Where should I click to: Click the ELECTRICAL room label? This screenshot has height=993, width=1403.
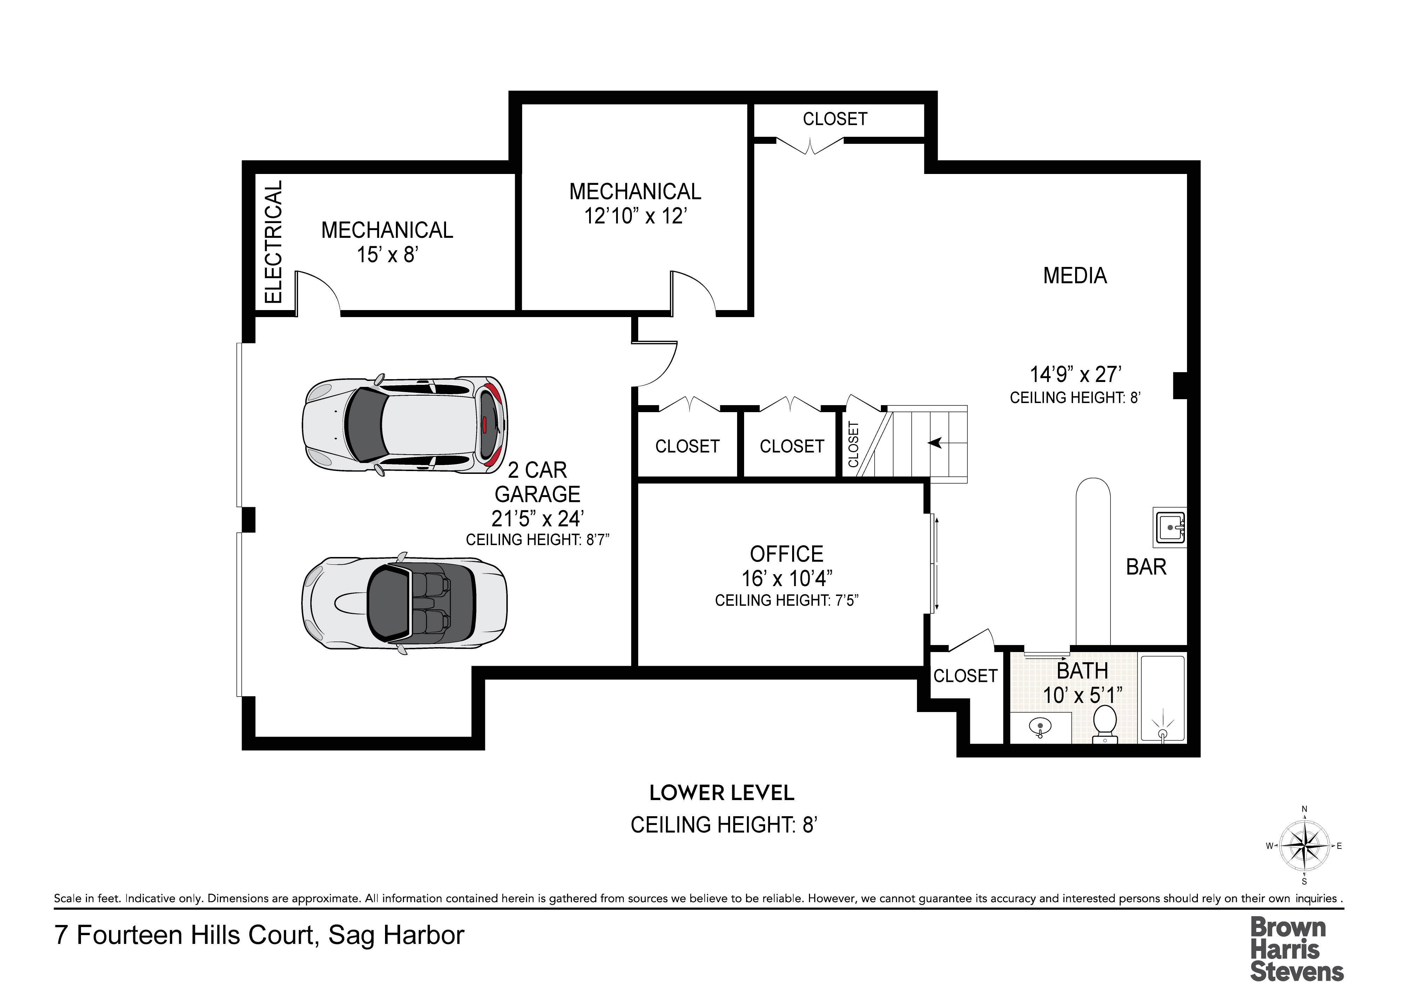click(x=273, y=242)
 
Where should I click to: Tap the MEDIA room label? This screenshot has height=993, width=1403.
click(x=1075, y=276)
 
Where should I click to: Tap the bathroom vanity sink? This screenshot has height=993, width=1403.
click(x=1039, y=727)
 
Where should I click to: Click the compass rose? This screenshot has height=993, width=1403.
click(x=1304, y=846)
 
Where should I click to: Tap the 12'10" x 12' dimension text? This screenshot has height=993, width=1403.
click(x=636, y=216)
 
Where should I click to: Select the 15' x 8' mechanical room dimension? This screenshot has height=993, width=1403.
click(x=387, y=254)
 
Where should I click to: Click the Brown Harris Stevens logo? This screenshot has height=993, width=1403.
click(x=1297, y=950)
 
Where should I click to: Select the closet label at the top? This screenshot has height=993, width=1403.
click(x=835, y=119)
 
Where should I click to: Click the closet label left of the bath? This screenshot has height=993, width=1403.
click(x=965, y=676)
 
